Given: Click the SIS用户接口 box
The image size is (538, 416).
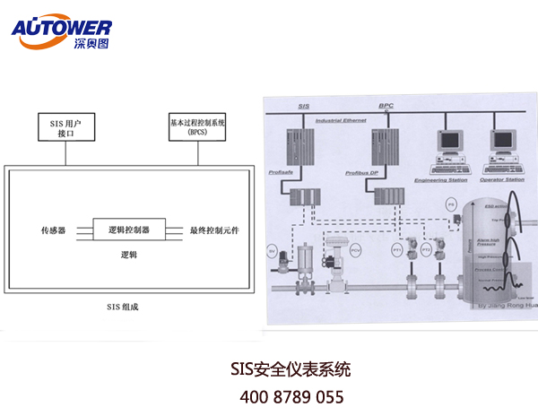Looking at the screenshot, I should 65,125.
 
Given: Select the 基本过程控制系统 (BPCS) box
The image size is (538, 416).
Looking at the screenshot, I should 197,125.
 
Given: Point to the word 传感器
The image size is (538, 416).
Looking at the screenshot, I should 54,231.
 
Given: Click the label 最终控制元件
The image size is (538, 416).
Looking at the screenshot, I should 220,231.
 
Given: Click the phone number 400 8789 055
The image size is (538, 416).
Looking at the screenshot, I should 291,395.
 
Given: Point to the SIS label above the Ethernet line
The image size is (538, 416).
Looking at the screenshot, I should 304,105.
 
